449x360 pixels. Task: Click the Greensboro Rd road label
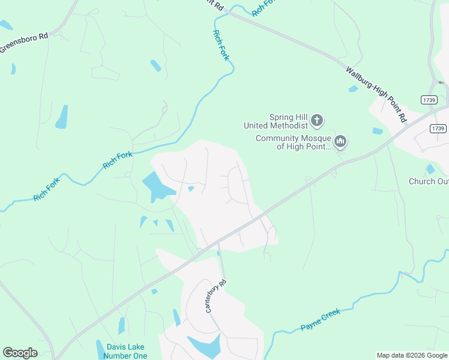tap(24, 43)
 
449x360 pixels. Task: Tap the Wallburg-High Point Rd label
tap(376, 94)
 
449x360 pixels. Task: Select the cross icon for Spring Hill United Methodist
tap(318, 122)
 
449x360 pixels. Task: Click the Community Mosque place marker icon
tap(340, 142)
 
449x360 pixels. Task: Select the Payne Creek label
tap(320, 320)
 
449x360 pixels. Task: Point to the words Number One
tap(127, 356)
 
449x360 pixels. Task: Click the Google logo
tap(20, 353)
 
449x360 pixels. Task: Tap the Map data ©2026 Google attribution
tap(411, 355)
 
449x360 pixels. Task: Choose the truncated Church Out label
tap(429, 181)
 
